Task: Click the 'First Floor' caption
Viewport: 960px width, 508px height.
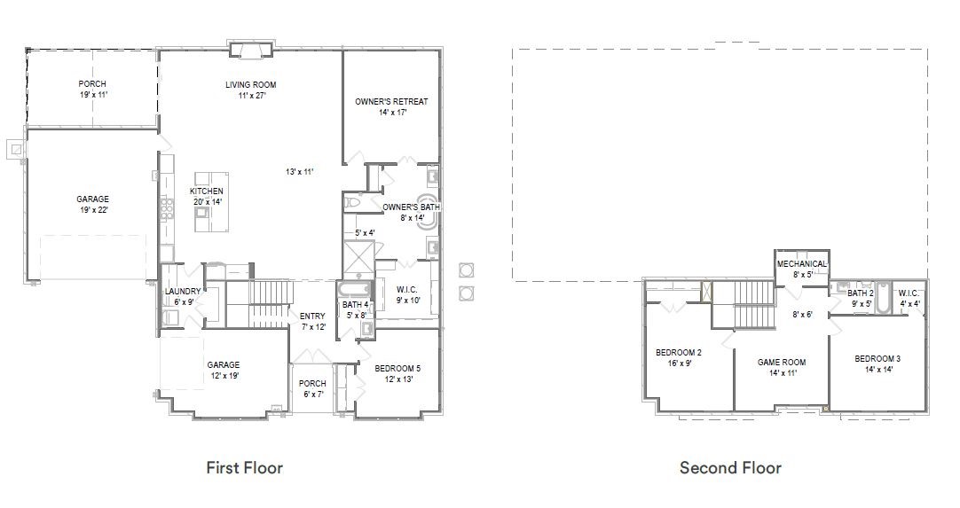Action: [x=244, y=468]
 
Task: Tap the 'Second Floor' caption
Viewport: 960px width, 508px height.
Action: [x=730, y=468]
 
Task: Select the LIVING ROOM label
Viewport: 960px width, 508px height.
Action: [x=250, y=85]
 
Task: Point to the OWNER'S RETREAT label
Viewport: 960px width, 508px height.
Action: [x=392, y=102]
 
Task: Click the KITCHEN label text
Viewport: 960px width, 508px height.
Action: [x=207, y=191]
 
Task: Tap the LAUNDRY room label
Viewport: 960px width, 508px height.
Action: [x=183, y=292]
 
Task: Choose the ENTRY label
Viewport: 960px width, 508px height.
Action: [x=312, y=316]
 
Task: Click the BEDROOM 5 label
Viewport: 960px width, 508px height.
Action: [x=397, y=369]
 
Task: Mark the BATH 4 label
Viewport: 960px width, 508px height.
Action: [x=355, y=305]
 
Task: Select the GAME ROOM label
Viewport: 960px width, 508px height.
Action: [x=782, y=362]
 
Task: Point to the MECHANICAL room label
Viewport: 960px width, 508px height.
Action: [x=802, y=264]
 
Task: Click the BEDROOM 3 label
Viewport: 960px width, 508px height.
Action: [x=877, y=359]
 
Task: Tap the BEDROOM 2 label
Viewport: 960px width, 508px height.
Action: [x=679, y=353]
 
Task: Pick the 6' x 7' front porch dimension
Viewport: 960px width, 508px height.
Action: [x=312, y=395]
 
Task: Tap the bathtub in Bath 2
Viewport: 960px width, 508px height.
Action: [x=882, y=298]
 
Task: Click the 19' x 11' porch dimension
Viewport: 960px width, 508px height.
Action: [x=92, y=95]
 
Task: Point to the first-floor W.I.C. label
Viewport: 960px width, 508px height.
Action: [x=407, y=290]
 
